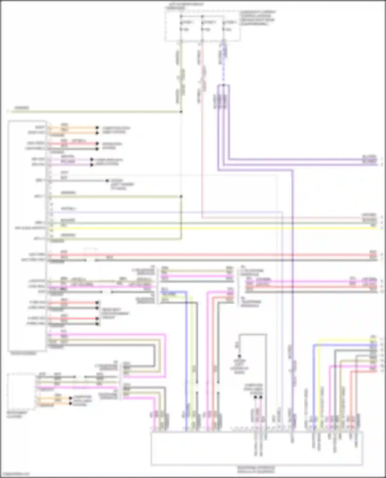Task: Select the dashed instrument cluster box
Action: [x=22, y=391]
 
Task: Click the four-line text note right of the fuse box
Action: [x=258, y=18]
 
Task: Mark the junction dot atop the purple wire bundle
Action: [x=223, y=85]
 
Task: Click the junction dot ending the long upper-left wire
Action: [x=181, y=112]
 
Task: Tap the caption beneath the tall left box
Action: [x=23, y=354]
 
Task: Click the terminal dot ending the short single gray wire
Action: [x=107, y=181]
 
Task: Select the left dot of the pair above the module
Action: [x=255, y=397]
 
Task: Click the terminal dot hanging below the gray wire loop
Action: [x=239, y=356]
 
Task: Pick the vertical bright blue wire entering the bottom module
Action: [x=186, y=360]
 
